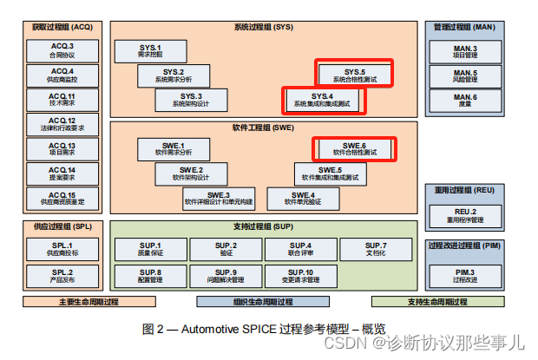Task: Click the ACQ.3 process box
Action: tap(62, 49)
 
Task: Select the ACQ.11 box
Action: tap(62, 99)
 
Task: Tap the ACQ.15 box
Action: tap(62, 199)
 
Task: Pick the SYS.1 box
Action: tap(150, 50)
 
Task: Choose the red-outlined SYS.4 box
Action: tap(321, 100)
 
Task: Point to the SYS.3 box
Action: tap(190, 100)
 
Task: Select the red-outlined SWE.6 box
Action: tap(354, 149)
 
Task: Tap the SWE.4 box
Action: tap(302, 200)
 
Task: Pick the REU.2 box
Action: tap(465, 214)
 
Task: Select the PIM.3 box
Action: tap(465, 276)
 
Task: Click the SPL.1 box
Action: tap(62, 250)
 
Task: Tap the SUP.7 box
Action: tap(376, 250)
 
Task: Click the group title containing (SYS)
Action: tap(263, 28)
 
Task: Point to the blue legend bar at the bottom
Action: tap(263, 302)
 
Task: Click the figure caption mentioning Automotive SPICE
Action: tap(252, 329)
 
